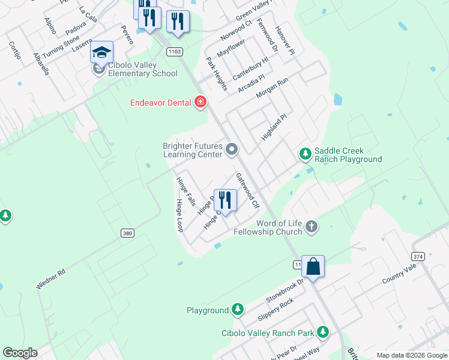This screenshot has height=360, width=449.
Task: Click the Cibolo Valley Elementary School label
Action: click(143, 69)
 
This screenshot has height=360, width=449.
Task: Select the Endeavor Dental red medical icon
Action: click(200, 103)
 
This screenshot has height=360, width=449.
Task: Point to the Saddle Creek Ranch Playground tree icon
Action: click(306, 154)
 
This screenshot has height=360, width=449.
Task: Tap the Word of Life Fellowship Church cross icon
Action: click(311, 226)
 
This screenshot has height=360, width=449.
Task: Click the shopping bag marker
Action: click(313, 266)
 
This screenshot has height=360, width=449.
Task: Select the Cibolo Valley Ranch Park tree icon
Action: click(323, 332)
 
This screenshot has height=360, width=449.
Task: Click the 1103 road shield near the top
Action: click(175, 52)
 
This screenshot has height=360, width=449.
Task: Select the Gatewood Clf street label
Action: click(247, 190)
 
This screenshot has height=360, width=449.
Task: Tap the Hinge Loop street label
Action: click(179, 215)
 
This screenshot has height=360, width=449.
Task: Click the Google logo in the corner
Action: click(20, 353)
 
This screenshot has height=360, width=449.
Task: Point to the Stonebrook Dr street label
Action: click(286, 290)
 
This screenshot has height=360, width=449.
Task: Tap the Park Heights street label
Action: click(216, 74)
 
